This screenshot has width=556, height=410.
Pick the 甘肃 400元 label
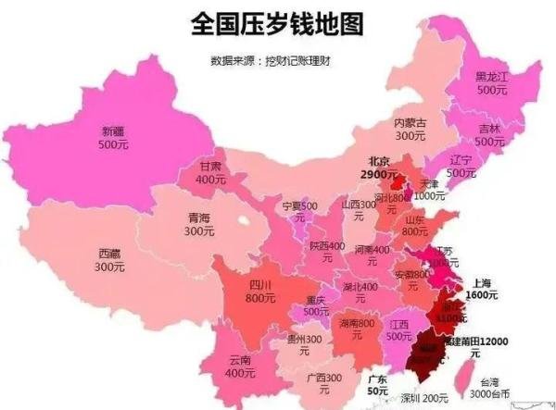[x=211, y=172]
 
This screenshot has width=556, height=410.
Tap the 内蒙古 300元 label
[x=410, y=129]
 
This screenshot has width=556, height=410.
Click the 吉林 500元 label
[x=488, y=135]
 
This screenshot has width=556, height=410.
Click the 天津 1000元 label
[x=429, y=190]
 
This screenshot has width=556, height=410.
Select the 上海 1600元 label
[x=482, y=289]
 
